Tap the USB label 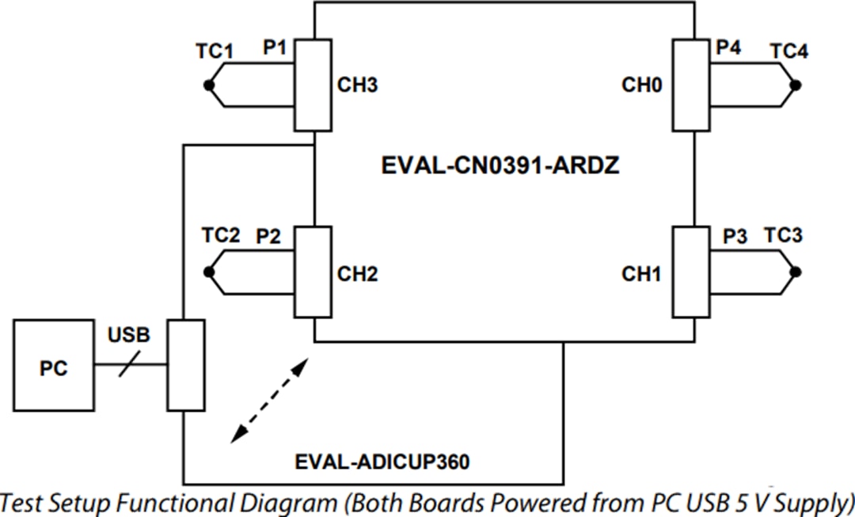tap(128, 335)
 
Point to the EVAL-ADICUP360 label tap(382, 461)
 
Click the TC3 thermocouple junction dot tap(796, 272)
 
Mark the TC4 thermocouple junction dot tap(796, 86)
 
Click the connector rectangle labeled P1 tap(313, 86)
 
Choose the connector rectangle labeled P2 tap(313, 272)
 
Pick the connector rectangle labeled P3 tap(691, 272)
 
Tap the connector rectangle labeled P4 tap(691, 86)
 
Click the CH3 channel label tap(358, 86)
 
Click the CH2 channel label tap(358, 275)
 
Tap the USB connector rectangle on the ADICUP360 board tap(185, 365)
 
